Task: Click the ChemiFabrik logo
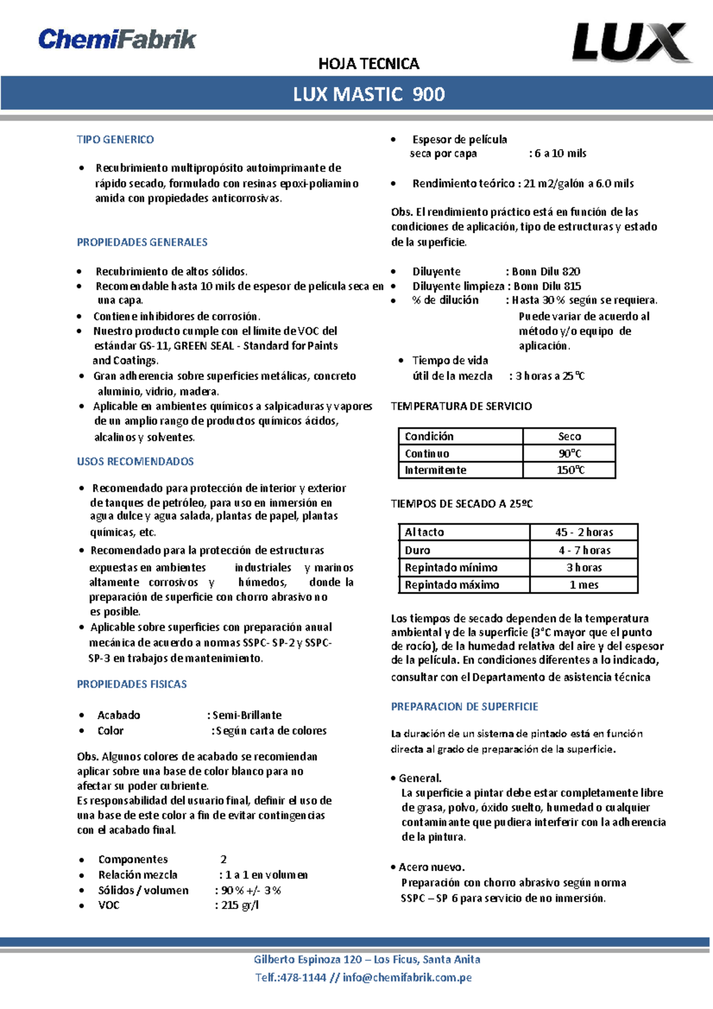click(x=117, y=39)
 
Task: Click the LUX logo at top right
click(x=631, y=42)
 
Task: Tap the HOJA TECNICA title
click(x=368, y=64)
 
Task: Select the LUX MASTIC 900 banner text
click(x=368, y=94)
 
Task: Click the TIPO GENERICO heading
click(x=115, y=140)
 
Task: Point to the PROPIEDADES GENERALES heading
click(x=142, y=242)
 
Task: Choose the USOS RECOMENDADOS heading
click(x=135, y=461)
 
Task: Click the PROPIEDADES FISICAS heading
click(x=131, y=684)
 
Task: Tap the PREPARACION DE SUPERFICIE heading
click(x=464, y=707)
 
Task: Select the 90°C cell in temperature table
click(x=569, y=453)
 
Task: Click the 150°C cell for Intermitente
click(x=569, y=470)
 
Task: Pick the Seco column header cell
click(x=569, y=436)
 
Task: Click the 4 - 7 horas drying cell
click(x=584, y=550)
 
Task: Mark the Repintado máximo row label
click(x=452, y=585)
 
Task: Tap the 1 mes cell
click(x=584, y=585)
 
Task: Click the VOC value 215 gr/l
click(x=239, y=905)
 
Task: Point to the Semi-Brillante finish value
click(x=247, y=715)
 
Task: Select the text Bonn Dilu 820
click(x=546, y=272)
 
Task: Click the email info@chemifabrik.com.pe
click(x=407, y=978)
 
